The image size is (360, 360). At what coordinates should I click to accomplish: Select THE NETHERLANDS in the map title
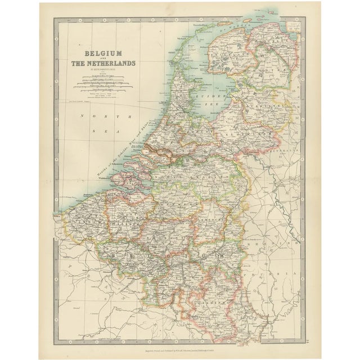(102, 63)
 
